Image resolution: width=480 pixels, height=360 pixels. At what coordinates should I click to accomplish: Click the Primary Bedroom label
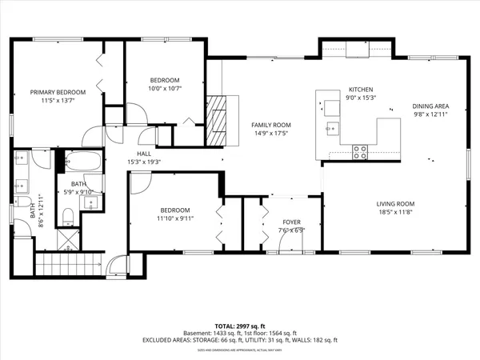(x=58, y=92)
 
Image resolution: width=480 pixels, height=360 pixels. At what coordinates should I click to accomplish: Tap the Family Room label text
(x=270, y=125)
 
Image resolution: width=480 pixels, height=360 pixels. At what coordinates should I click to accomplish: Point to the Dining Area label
(x=430, y=106)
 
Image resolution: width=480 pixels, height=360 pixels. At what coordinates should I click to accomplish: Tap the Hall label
(x=144, y=153)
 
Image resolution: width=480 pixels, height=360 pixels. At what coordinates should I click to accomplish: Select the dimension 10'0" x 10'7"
(x=166, y=88)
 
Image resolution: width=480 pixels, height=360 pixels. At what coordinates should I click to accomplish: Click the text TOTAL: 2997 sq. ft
(x=240, y=327)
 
